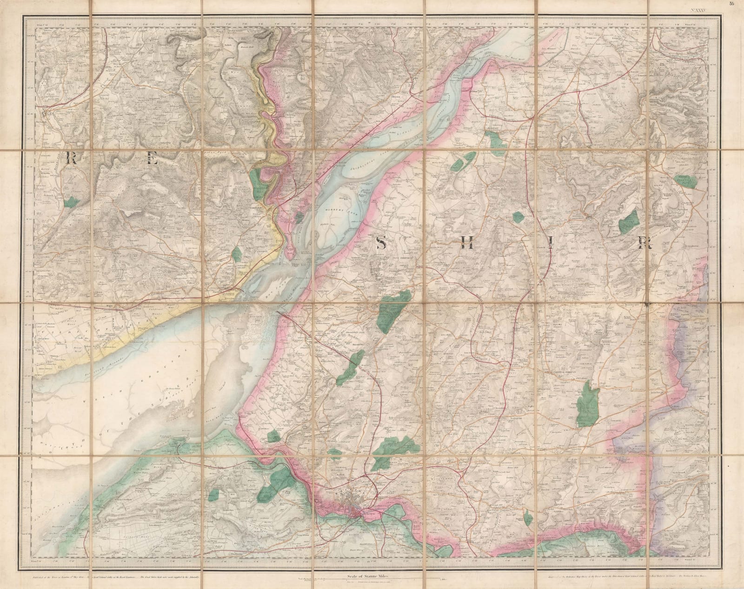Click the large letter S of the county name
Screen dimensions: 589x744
[x=381, y=243]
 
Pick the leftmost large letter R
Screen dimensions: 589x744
[x=72, y=158]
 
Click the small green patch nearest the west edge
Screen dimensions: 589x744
[x=71, y=201]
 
